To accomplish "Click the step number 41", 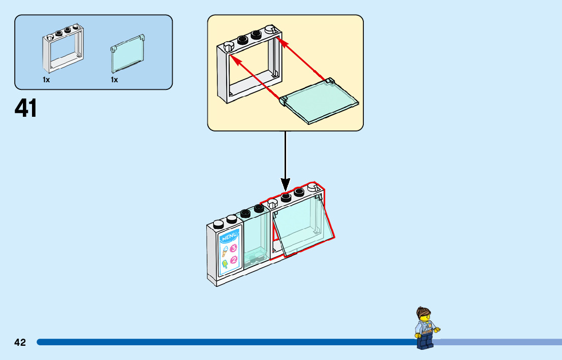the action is click(26, 108).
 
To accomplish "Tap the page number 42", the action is click(20, 342).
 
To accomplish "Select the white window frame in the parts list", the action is click(64, 50).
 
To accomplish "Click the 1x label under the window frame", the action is click(46, 80).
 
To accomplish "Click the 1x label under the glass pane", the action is click(114, 80).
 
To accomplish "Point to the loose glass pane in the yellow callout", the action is click(320, 101).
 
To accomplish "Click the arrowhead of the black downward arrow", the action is click(285, 185).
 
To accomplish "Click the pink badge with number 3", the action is click(234, 248).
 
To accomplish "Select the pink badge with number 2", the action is click(234, 260).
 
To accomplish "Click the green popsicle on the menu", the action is click(224, 264).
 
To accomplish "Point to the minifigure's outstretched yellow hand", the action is click(437, 329).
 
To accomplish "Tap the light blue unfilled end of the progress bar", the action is click(498, 342).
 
